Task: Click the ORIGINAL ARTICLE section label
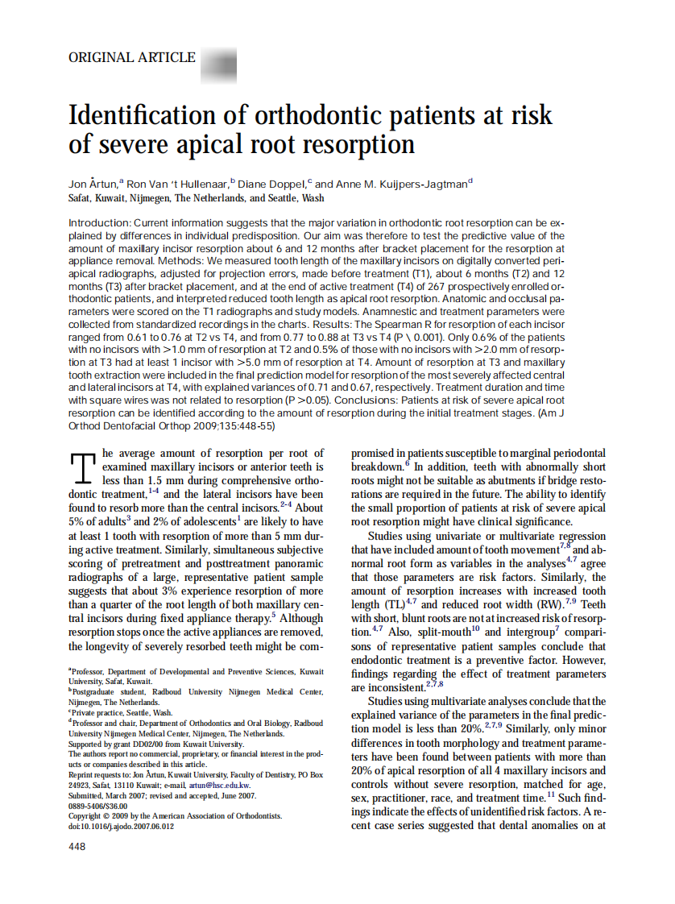click(132, 57)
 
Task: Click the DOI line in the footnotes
click(120, 826)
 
